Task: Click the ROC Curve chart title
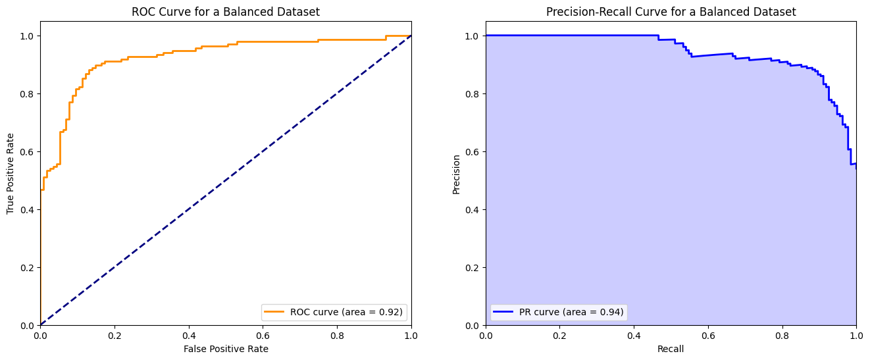coord(225,12)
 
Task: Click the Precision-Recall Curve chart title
coord(671,12)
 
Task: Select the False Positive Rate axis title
coord(225,349)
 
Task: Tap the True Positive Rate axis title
coord(11,173)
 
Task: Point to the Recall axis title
coord(671,349)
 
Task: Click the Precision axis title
coord(456,173)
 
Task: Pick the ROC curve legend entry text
coord(347,312)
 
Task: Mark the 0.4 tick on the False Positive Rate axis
coord(189,334)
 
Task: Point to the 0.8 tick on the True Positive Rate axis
coord(27,93)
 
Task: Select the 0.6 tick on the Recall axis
coord(708,334)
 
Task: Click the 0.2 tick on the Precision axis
coord(472,267)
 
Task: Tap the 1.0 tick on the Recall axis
coord(856,334)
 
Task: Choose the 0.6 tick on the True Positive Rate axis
coord(27,151)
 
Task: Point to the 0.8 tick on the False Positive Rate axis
coord(337,334)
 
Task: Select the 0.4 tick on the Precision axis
coord(472,209)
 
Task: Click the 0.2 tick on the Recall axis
coord(559,334)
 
